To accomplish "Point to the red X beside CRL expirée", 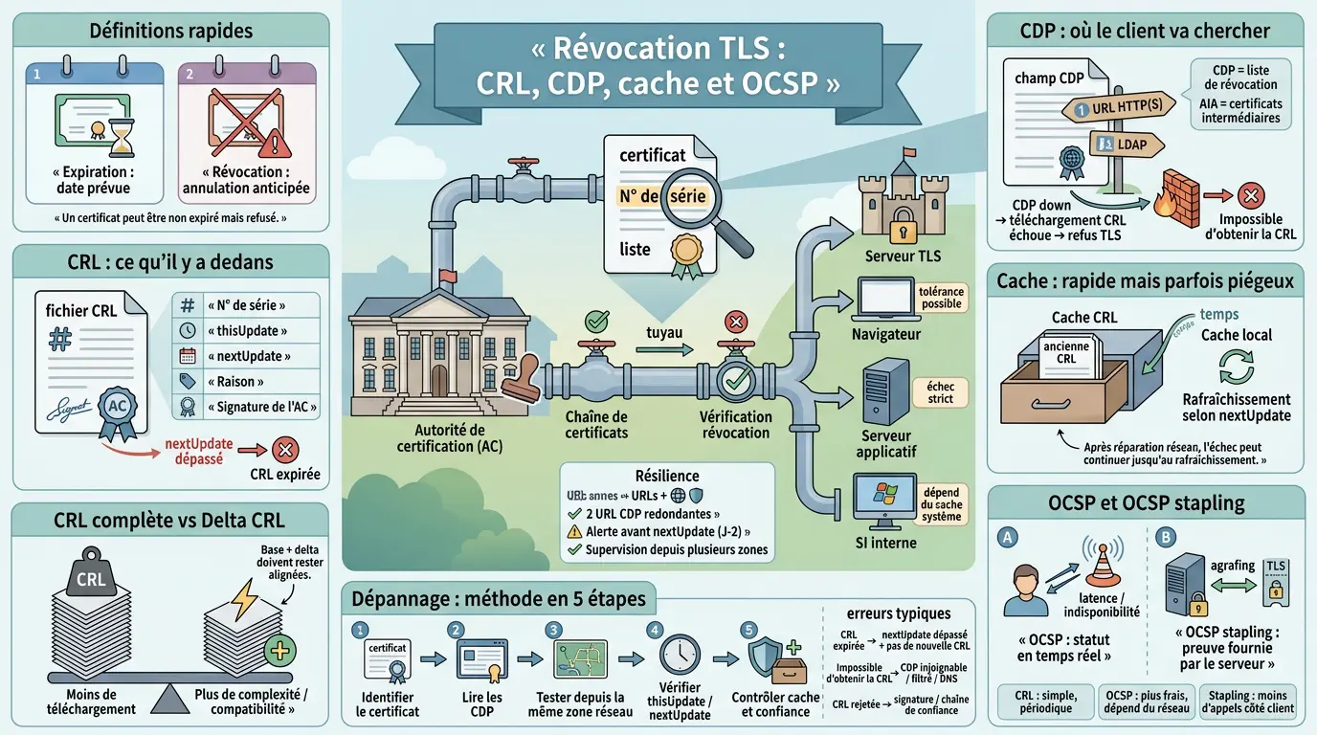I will pyautogui.click(x=284, y=449).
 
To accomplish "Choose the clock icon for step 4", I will pyautogui.click(x=679, y=654).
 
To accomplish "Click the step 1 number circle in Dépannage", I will pyautogui.click(x=360, y=630).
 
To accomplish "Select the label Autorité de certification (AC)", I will pyautogui.click(x=442, y=438).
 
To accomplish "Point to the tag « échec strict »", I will pyautogui.click(x=940, y=392).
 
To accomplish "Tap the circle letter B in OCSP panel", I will pyautogui.click(x=1164, y=537).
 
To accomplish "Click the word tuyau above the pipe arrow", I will pyautogui.click(x=663, y=332).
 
